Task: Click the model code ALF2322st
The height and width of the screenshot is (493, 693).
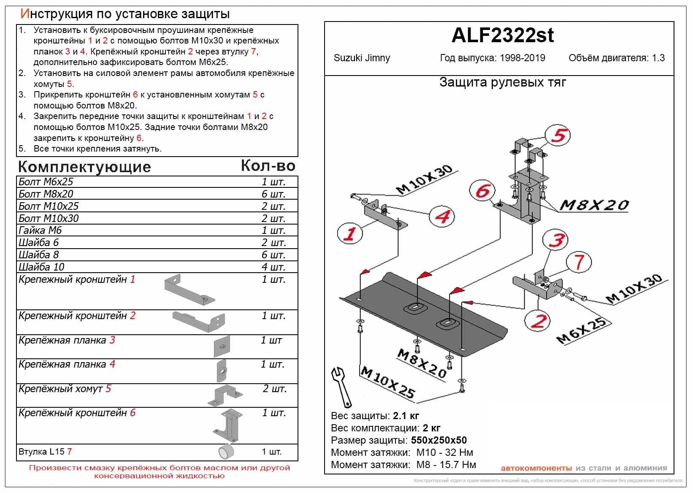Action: pos(502,35)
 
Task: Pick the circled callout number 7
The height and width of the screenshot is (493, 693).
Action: pos(579,262)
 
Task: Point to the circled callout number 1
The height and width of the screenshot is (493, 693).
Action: pos(350,233)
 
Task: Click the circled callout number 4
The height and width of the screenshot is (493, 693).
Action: pos(442,217)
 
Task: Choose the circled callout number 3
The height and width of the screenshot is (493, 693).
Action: pos(556,240)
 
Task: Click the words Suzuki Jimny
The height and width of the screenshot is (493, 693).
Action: pos(362,58)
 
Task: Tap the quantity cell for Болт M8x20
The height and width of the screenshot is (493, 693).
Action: pos(273,194)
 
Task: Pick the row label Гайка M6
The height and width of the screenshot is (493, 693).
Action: pos(40,230)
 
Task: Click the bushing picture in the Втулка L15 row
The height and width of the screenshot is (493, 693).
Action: pos(227,451)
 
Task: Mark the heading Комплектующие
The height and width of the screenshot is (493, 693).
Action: pos(84,167)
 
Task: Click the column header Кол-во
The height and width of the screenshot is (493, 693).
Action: pos(268,166)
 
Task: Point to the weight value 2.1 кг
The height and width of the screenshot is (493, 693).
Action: pos(406,416)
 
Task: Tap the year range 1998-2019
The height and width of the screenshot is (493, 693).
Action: pos(522,58)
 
